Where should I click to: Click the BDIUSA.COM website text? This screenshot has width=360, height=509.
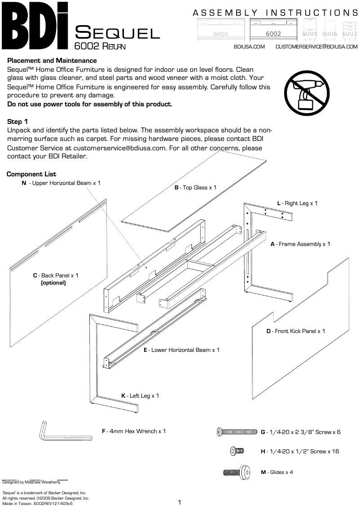250,46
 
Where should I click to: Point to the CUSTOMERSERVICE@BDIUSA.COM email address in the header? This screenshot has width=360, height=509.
316,46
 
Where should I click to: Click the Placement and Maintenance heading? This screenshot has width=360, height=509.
52,61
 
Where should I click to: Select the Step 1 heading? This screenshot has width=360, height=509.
18,122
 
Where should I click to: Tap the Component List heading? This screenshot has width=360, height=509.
31,174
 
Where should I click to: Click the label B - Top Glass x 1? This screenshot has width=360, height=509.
195,187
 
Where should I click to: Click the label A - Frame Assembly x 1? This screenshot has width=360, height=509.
300,244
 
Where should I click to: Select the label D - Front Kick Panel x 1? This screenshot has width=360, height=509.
295,331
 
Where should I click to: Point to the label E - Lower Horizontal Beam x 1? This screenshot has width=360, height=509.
181,350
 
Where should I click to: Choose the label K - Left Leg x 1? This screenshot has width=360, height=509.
140,396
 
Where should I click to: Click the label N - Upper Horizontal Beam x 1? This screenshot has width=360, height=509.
61,183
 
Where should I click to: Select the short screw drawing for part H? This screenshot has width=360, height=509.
237,451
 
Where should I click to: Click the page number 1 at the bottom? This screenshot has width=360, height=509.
180,502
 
